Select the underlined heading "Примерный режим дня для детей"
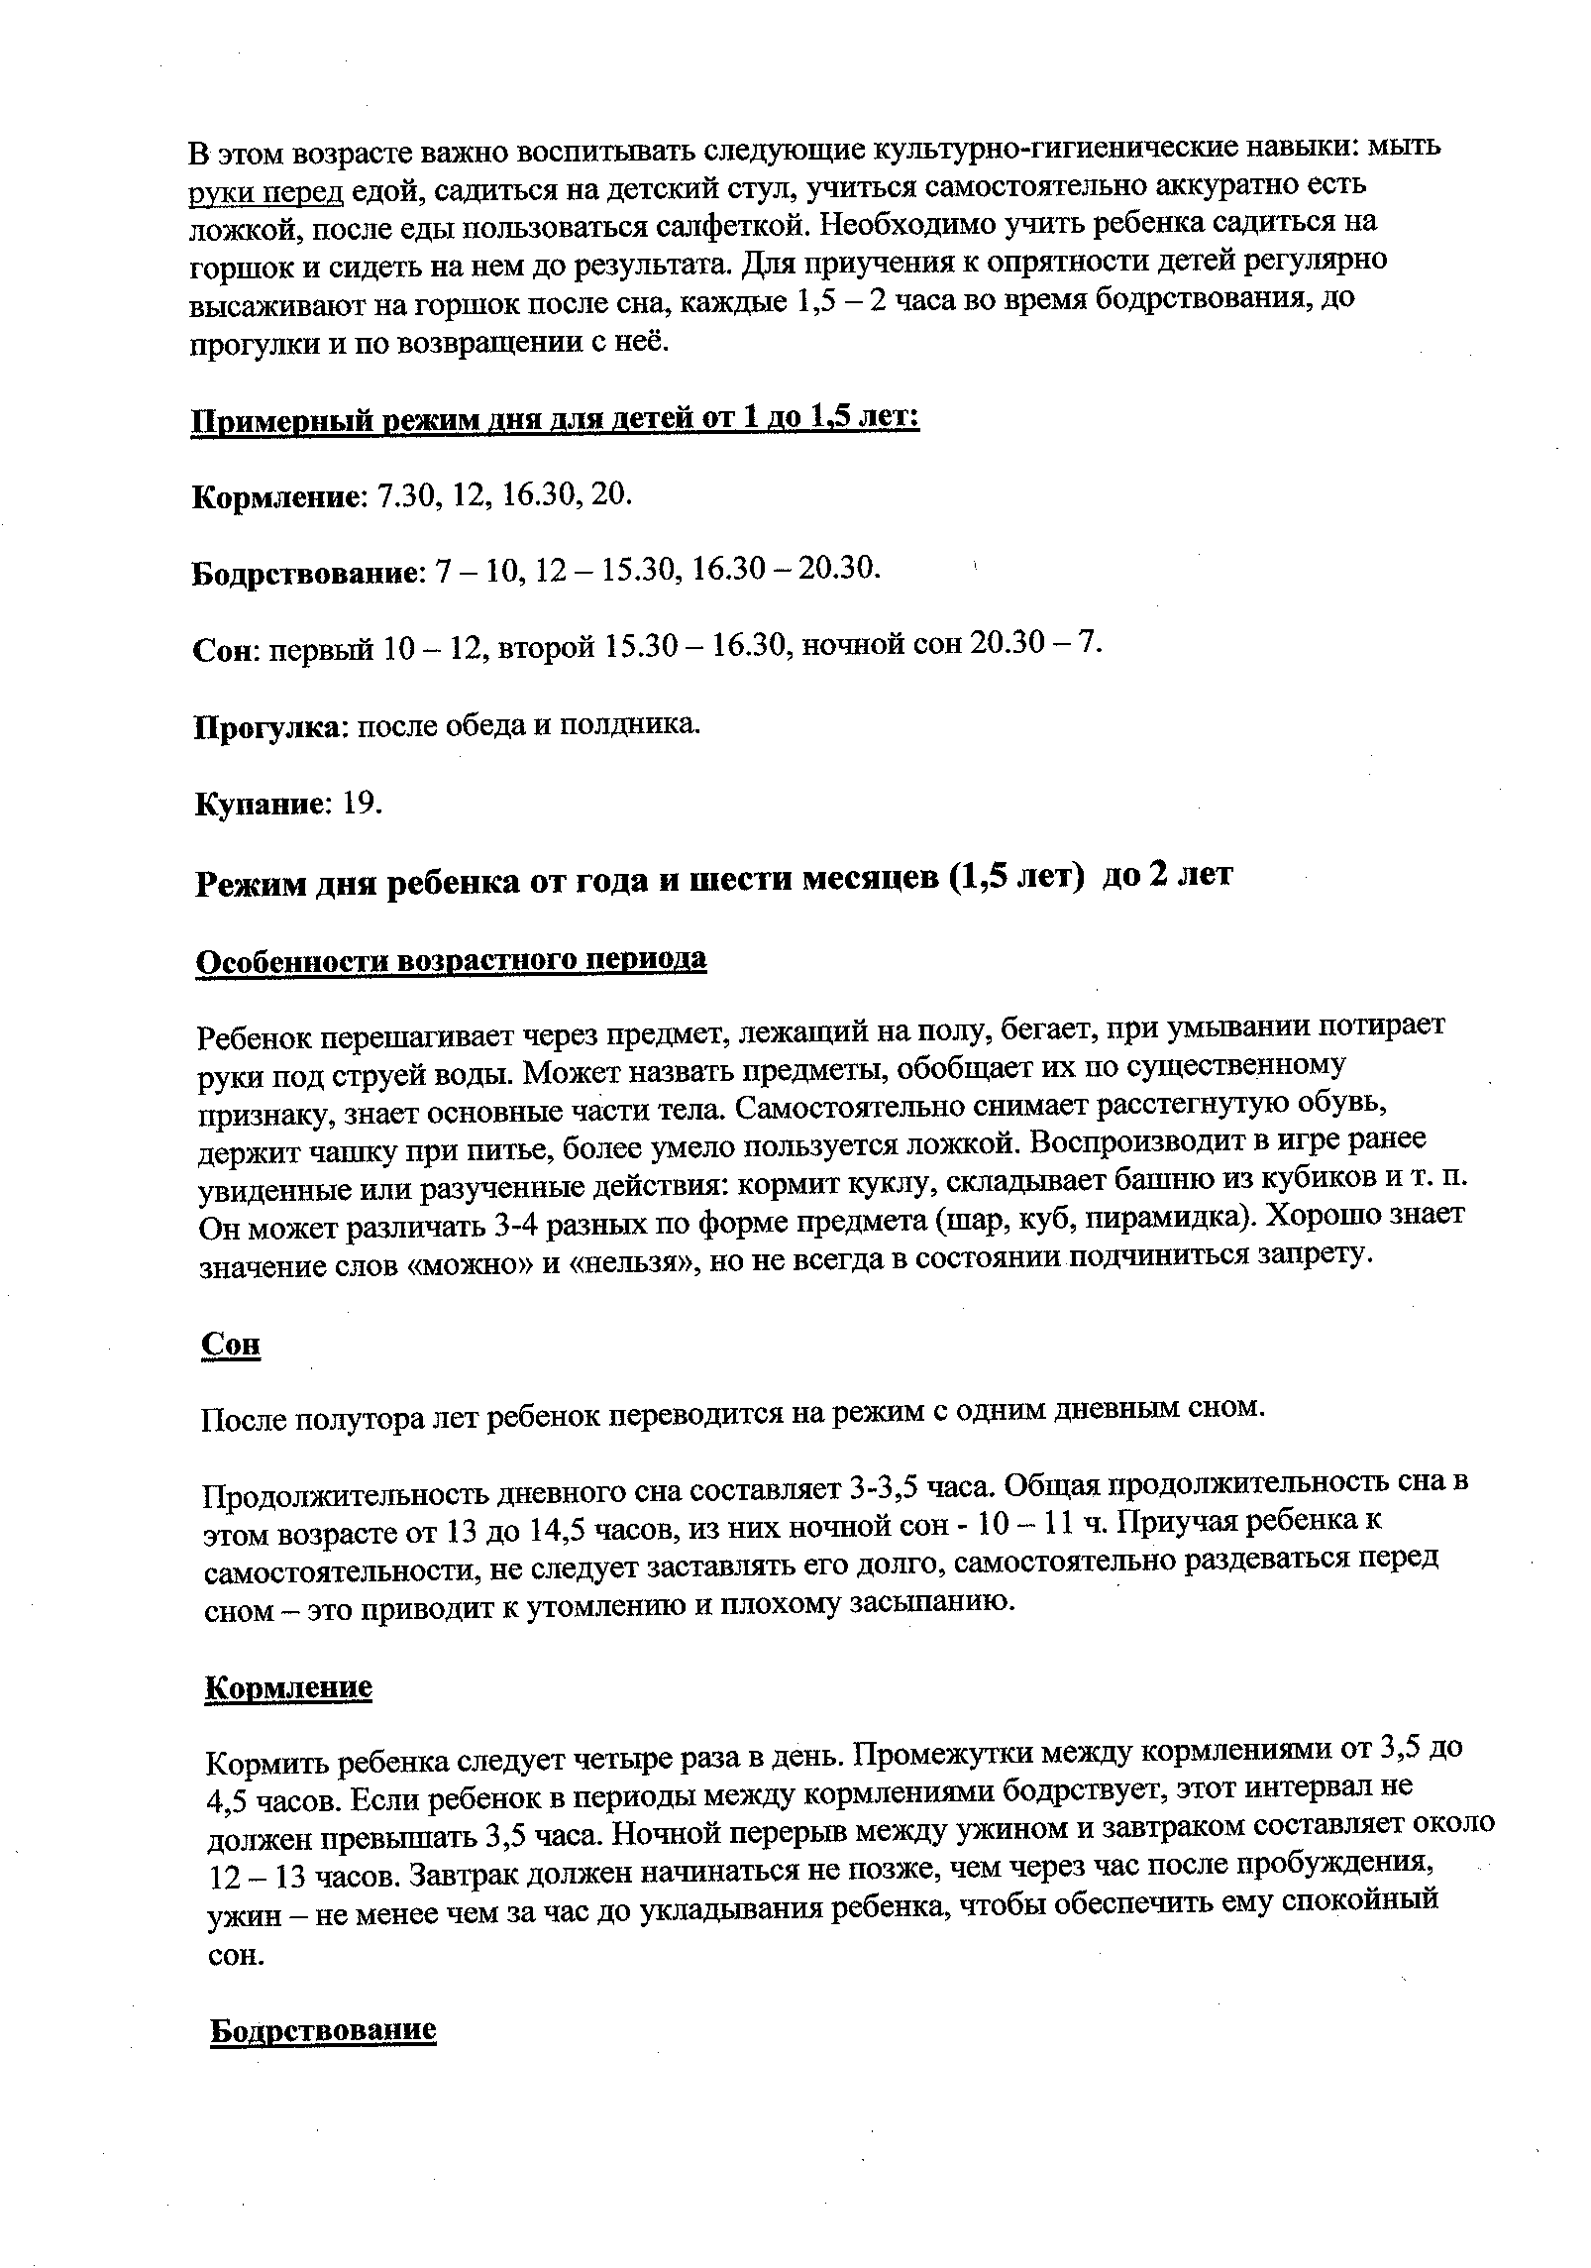(x=555, y=419)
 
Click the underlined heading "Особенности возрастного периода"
(x=452, y=960)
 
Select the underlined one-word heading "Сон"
(x=231, y=1344)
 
